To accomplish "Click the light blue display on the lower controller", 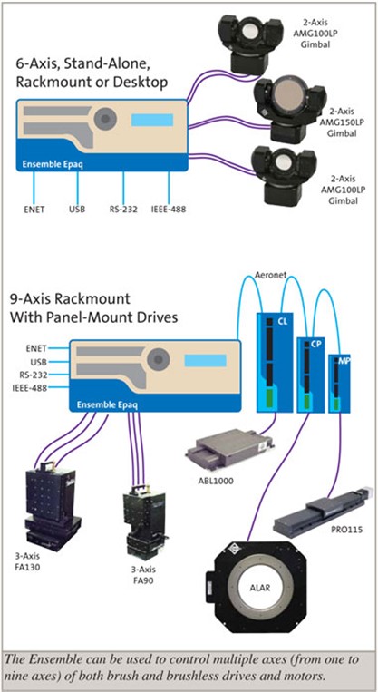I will pyautogui.click(x=205, y=359).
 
